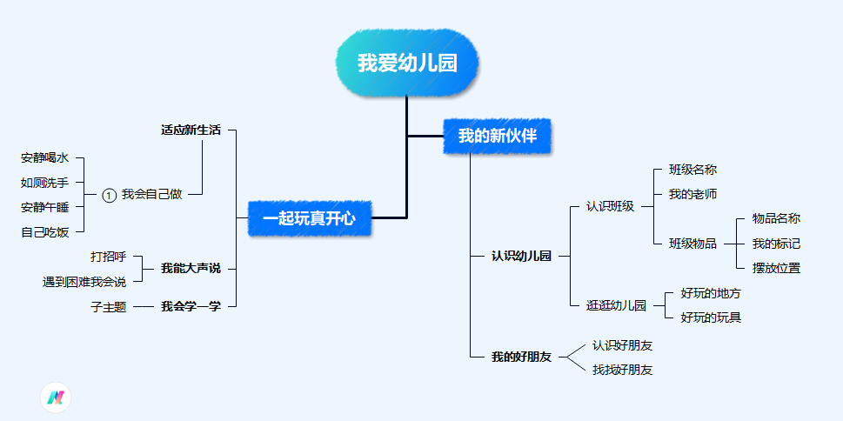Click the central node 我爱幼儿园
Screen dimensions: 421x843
[x=407, y=63]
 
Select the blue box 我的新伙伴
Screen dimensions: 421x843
[x=498, y=136]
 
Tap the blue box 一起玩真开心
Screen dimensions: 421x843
[x=309, y=218]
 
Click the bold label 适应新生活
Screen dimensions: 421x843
[x=191, y=130]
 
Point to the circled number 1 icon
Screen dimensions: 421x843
[x=109, y=195]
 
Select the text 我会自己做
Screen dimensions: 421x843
[x=151, y=195]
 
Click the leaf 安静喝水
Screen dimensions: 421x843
[x=44, y=158]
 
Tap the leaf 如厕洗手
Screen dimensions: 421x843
[x=44, y=183]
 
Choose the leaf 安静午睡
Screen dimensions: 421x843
[x=44, y=207]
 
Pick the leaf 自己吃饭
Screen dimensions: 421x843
[x=44, y=231]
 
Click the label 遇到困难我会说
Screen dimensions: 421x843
[x=84, y=282]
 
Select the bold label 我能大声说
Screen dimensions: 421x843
[x=191, y=269]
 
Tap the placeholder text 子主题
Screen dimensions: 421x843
[x=109, y=306]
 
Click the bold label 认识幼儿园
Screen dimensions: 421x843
[x=521, y=256]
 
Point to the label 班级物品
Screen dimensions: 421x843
[x=692, y=244]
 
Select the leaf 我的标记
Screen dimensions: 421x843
[x=776, y=244]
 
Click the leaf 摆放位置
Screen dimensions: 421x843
[x=776, y=268]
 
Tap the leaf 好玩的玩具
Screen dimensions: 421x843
[x=711, y=317]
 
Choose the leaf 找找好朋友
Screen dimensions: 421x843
[x=622, y=370]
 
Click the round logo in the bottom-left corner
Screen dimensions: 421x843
[x=56, y=398]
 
